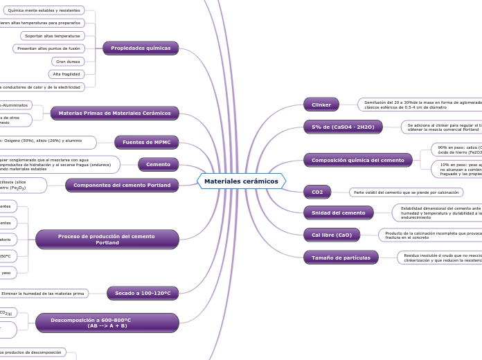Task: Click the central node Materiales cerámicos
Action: (241, 181)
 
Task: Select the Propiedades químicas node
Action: (141, 48)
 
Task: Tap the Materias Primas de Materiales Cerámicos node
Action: (114, 113)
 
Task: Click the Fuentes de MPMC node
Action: (146, 142)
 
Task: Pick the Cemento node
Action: (158, 164)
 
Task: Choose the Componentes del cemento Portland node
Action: (122, 185)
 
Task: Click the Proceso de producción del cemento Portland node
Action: (107, 240)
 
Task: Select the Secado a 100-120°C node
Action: (143, 294)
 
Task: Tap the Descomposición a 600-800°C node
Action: (107, 323)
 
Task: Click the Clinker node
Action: (321, 105)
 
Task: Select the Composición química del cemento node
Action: (357, 160)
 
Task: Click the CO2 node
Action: (317, 192)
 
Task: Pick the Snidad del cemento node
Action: (338, 213)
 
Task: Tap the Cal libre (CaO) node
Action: (332, 235)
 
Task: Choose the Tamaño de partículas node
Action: (341, 258)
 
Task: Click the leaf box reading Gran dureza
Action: (69, 62)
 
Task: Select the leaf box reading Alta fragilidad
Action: (66, 74)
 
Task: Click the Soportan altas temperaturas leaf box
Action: (51, 35)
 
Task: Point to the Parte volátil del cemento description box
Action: (406, 192)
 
